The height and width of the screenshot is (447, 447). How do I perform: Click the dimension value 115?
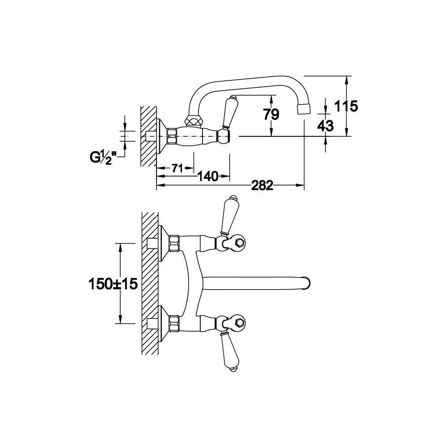click(x=346, y=106)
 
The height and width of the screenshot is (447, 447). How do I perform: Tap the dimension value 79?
click(x=271, y=114)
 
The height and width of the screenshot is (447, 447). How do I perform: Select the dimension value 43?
click(x=325, y=126)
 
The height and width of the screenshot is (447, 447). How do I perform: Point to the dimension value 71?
click(x=177, y=169)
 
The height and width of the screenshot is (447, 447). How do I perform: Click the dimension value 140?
click(x=208, y=177)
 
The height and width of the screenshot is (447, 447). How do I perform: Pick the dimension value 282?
click(x=262, y=186)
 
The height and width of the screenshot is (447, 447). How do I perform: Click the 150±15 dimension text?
click(x=114, y=284)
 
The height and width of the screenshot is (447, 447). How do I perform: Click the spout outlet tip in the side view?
click(x=304, y=109)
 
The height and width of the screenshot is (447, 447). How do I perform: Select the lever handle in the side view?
click(x=228, y=112)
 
